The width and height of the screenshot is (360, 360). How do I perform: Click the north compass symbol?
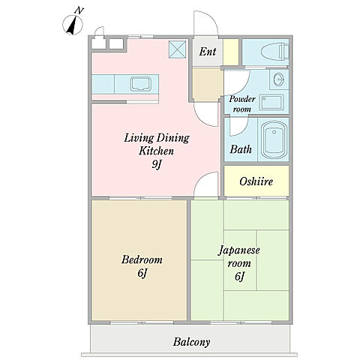click(x=73, y=23)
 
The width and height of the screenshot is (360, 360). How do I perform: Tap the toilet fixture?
click(x=274, y=52)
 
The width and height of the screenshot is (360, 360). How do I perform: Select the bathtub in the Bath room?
click(x=274, y=139)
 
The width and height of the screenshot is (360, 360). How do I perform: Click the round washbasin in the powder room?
click(x=278, y=79)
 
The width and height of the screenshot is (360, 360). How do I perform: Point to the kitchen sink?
click(x=140, y=84)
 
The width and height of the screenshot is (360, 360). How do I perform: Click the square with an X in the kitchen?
click(x=177, y=49)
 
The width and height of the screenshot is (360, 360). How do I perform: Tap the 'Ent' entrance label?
click(x=208, y=52)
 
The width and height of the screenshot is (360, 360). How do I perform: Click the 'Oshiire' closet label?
click(x=256, y=181)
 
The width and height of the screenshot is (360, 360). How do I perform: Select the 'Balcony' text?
click(x=191, y=342)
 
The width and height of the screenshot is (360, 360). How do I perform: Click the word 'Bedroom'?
click(x=142, y=259)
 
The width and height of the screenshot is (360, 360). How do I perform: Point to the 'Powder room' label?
click(x=242, y=103)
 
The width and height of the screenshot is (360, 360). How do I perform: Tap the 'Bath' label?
click(x=241, y=149)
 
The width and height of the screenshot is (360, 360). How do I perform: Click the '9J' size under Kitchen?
click(x=157, y=164)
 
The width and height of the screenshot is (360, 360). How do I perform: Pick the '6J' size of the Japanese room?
click(x=239, y=277)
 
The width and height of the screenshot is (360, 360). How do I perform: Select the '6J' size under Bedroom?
click(x=142, y=273)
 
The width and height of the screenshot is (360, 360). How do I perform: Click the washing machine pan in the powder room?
click(x=271, y=102)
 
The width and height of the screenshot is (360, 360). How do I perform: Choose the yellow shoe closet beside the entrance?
click(x=230, y=52)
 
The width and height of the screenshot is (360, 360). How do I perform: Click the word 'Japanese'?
click(x=239, y=250)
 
